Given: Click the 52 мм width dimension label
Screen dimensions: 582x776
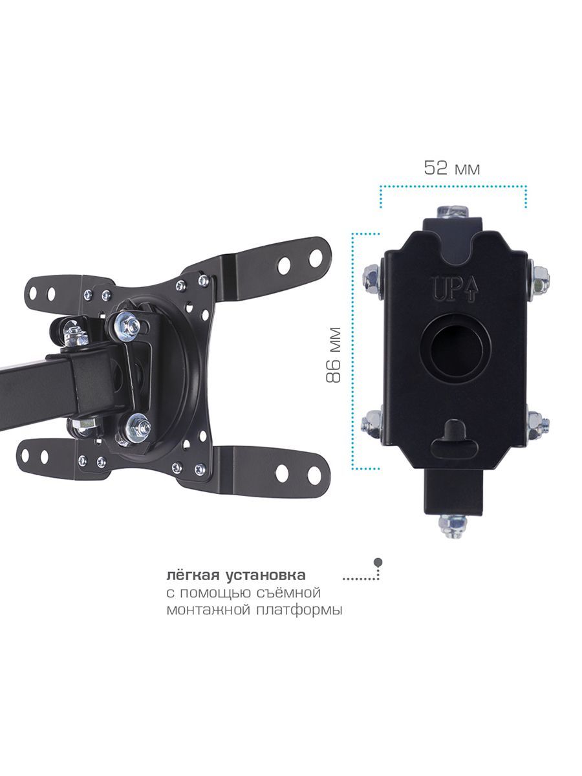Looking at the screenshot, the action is click(x=452, y=167).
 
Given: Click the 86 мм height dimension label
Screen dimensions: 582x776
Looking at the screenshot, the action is click(x=333, y=355).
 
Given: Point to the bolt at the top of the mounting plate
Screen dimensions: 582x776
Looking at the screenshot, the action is click(x=452, y=213).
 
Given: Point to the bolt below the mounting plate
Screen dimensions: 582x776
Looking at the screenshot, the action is click(x=453, y=526).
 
